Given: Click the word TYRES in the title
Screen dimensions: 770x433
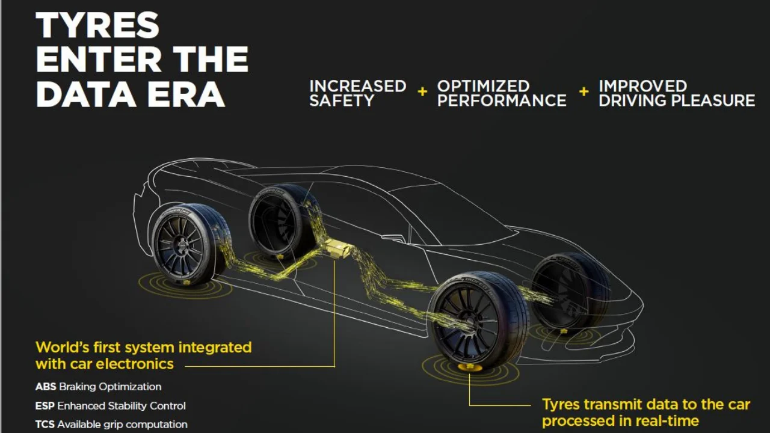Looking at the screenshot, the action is click(97, 25).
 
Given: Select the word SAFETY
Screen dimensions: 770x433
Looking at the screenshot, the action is click(342, 100).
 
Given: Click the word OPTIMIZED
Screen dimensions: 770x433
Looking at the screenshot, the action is click(483, 86).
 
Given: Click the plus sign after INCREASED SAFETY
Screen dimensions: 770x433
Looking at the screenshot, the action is click(422, 91).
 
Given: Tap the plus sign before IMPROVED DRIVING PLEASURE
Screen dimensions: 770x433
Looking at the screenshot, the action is click(584, 91).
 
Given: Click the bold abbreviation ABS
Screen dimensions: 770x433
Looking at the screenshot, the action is click(46, 387).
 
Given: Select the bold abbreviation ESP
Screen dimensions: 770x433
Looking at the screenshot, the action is click(45, 406).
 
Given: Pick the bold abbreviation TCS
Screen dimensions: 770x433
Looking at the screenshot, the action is click(45, 425).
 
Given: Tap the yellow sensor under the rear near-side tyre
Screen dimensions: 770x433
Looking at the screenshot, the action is click(186, 283).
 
